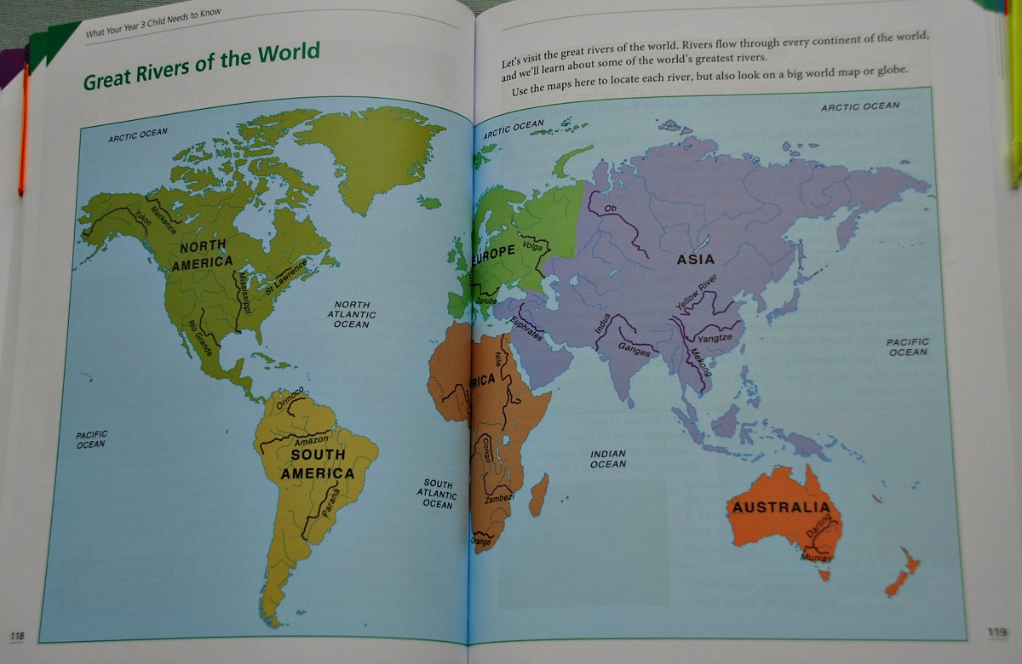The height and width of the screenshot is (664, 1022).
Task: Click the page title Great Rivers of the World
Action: point(201,66)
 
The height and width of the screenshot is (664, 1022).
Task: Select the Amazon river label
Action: point(310,441)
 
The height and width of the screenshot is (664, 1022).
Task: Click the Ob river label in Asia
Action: point(609,209)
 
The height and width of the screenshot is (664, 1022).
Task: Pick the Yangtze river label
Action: point(715,338)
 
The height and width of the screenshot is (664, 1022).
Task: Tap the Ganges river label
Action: point(634,349)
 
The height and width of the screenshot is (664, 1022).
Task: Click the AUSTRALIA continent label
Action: point(781,508)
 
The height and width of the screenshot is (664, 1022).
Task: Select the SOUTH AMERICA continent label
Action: point(318,464)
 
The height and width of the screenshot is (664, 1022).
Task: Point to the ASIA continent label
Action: point(696,260)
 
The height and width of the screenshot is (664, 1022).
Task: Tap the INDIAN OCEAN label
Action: point(608,459)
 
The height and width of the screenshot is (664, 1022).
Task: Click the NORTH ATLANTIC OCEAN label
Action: point(352,314)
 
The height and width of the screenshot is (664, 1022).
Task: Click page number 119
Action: point(997,633)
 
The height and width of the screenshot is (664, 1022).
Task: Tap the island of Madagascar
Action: point(538,495)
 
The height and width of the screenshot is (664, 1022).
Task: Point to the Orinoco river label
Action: point(290,396)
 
